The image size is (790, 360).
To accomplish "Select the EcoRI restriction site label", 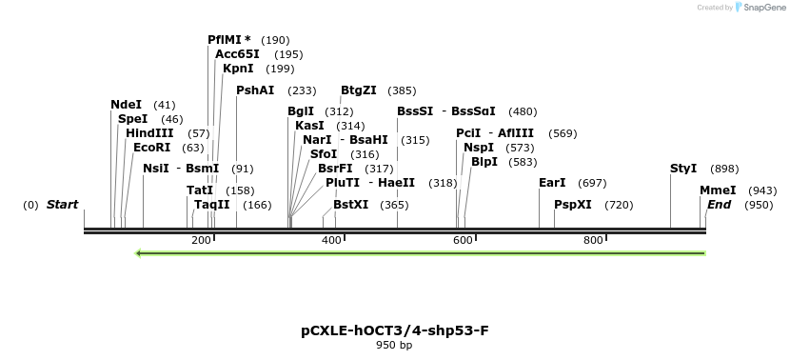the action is [152, 148].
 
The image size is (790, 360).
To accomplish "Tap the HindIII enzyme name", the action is [149, 133].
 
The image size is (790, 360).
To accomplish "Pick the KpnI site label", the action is [238, 69].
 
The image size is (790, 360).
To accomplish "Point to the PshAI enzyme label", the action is [255, 90].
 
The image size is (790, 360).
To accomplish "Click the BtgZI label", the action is [359, 90].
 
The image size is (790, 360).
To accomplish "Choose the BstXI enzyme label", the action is [351, 205].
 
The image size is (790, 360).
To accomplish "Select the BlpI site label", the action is [484, 162].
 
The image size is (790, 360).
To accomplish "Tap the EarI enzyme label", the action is [552, 182].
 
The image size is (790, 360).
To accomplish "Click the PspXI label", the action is [573, 205].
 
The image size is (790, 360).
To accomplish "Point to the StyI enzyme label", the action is [683, 169].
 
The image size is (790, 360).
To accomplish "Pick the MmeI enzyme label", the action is [718, 190].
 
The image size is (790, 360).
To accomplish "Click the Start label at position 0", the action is [62, 205].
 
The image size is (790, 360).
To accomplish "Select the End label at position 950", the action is [719, 205].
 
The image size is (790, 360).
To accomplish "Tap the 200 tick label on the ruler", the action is [201, 240].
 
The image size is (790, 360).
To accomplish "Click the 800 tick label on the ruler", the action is [593, 240].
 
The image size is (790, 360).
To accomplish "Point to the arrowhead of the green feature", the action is [140, 253].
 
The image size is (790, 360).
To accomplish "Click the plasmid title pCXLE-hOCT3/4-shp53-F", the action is [395, 331].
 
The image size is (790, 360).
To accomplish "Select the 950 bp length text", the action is [395, 346].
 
